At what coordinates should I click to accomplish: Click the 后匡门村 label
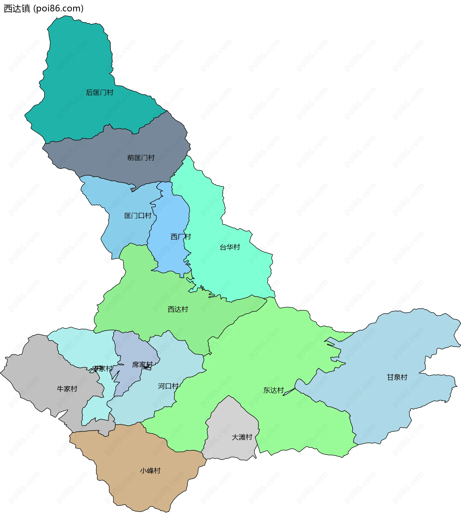[x=100, y=92]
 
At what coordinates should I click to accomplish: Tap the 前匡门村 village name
[x=141, y=158]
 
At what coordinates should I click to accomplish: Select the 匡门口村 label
[x=138, y=216]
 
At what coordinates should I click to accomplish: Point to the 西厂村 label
[x=181, y=237]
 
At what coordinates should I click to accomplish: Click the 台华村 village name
[x=230, y=247]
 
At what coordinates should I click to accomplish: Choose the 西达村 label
[x=178, y=309]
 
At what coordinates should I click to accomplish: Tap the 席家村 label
[x=142, y=365]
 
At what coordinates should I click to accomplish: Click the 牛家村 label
[x=67, y=389]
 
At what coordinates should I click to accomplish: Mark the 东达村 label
[x=273, y=390]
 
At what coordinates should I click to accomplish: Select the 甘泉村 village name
[x=397, y=377]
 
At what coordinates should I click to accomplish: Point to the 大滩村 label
[x=242, y=437]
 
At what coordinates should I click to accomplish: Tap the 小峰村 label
[x=150, y=471]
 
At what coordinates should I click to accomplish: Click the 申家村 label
[x=102, y=369]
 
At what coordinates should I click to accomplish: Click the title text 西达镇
[x=17, y=8]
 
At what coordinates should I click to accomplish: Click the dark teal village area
[x=77, y=64]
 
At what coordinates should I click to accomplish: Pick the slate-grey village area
[x=116, y=152]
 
